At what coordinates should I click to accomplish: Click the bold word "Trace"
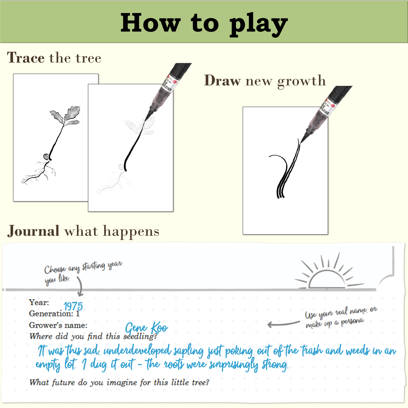(26, 58)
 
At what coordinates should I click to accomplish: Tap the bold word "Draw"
(222, 80)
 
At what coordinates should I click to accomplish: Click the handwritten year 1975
(73, 306)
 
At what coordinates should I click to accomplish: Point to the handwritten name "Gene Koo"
(146, 328)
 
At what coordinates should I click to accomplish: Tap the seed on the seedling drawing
(46, 157)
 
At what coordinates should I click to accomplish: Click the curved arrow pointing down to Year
(80, 286)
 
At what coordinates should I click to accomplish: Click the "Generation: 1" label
(54, 314)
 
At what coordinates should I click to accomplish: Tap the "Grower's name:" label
(58, 325)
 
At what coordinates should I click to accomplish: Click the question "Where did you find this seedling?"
(93, 336)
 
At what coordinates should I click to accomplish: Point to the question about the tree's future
(119, 382)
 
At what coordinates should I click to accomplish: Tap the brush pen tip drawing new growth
(303, 140)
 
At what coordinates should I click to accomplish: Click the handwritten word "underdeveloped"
(137, 351)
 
